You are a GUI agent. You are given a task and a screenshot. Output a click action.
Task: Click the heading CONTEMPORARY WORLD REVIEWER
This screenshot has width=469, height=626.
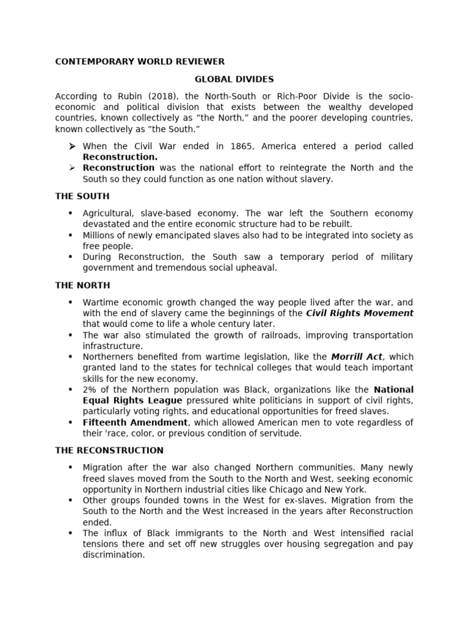click(x=140, y=61)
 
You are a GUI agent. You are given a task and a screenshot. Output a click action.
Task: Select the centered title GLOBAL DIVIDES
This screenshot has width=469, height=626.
click(x=234, y=79)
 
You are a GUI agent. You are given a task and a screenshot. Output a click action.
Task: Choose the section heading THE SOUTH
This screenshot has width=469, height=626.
click(x=82, y=196)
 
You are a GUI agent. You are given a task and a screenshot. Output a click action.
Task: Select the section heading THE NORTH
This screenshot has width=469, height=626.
click(x=82, y=285)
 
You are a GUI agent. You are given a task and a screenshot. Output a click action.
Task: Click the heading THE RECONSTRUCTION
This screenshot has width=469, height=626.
click(x=109, y=451)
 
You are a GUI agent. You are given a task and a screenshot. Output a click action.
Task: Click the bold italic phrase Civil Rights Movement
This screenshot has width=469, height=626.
click(x=359, y=313)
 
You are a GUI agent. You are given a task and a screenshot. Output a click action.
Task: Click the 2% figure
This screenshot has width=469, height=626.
click(x=90, y=389)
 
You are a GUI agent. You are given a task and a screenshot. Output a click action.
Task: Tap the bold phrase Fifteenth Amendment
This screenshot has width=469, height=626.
click(x=135, y=422)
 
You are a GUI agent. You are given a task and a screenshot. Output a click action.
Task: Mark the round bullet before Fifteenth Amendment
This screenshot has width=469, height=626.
click(x=71, y=422)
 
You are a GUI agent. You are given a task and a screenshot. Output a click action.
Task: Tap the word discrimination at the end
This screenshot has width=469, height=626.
click(x=114, y=555)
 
